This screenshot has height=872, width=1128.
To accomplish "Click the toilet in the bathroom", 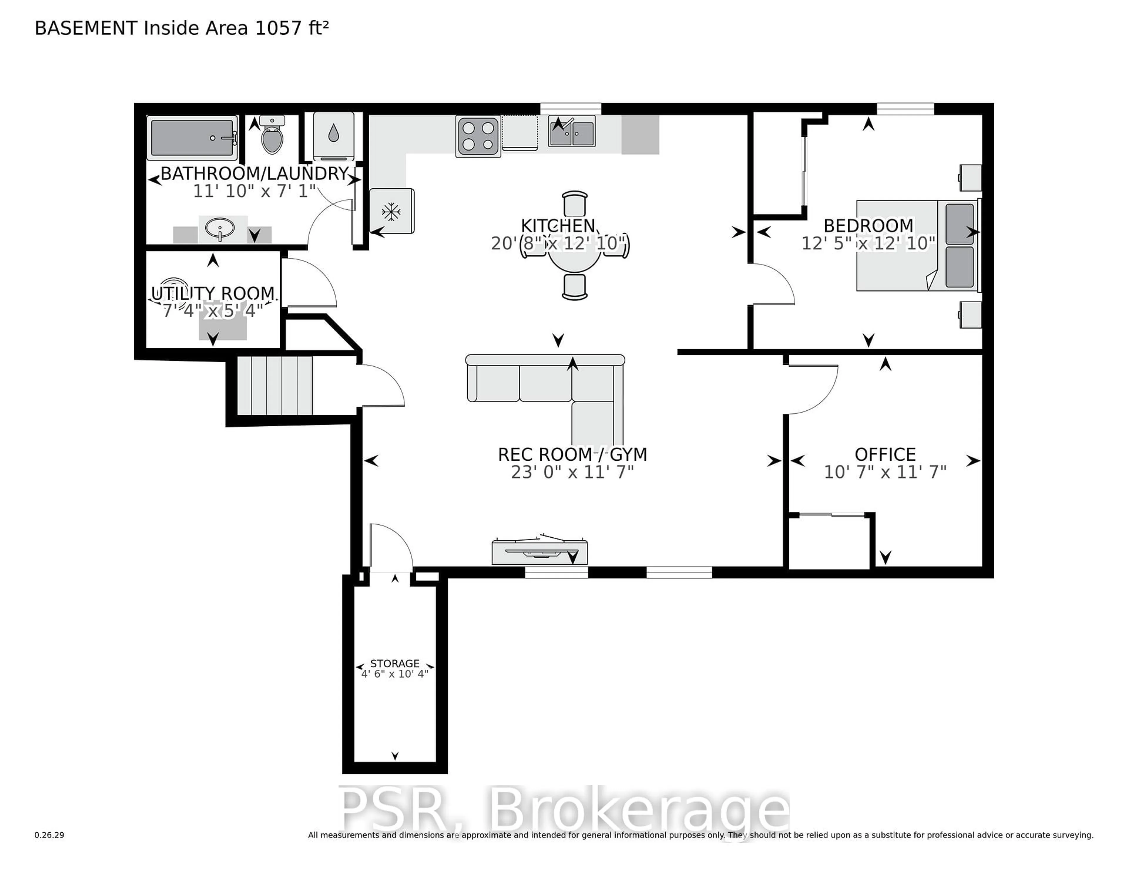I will click(x=272, y=136).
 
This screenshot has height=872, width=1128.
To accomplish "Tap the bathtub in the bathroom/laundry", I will click(x=192, y=138).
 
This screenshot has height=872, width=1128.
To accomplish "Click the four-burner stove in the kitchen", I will click(x=478, y=136).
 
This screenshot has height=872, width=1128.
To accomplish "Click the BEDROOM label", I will click(x=868, y=226).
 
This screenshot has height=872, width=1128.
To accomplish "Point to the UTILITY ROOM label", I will click(x=213, y=294).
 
